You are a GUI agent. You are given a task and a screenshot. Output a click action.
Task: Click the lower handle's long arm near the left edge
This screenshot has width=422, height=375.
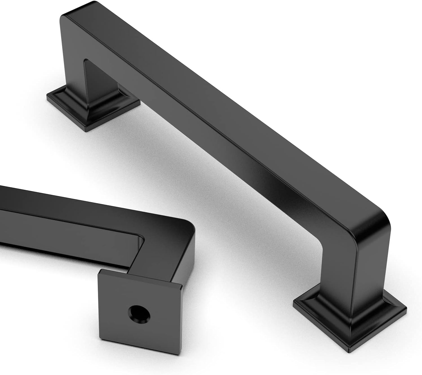pyautogui.click(x=17, y=199)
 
